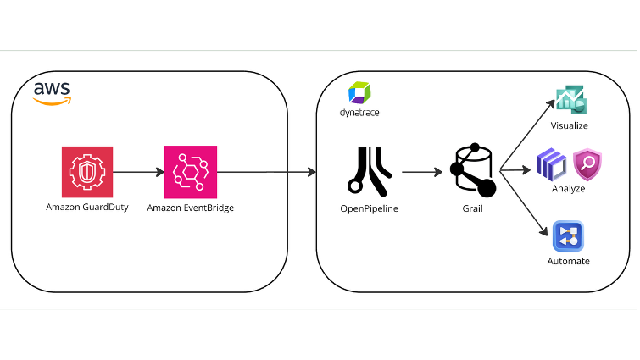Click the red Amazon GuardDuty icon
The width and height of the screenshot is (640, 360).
coord(86,171)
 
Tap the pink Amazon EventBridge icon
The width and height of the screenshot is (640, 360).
coord(190,171)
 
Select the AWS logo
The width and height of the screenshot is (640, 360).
coord(52,93)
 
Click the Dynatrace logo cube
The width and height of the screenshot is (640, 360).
coord(359,92)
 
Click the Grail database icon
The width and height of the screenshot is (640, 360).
coord(472,169)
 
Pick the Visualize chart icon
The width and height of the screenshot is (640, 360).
coord(569,100)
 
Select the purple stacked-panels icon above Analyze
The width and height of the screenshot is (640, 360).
coord(552,163)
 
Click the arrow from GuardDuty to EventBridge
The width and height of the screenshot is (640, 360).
coord(138,172)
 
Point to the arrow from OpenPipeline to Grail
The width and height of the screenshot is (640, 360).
coord(422,172)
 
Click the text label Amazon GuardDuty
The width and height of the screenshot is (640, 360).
coord(87,207)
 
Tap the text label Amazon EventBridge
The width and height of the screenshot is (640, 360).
coord(190,208)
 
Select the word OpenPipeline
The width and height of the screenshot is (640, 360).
coord(369,208)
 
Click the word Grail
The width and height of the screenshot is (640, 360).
coord(472,208)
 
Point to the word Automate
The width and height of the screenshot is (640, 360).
coord(568,261)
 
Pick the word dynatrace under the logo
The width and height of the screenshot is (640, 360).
coord(359,113)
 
